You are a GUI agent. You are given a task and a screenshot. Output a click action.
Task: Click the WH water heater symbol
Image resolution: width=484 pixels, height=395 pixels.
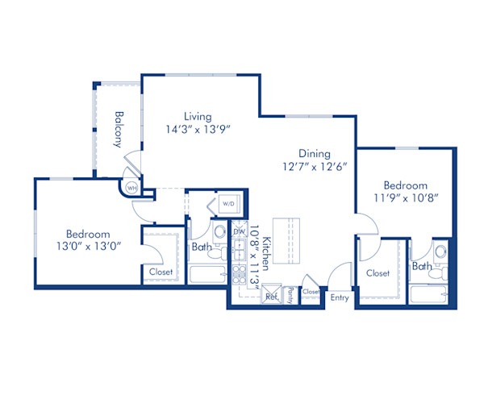(x=131, y=189)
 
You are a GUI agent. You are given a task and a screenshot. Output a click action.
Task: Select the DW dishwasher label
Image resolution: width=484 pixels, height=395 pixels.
(x=239, y=231)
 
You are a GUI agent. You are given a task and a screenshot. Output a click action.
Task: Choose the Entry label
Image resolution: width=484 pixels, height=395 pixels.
(x=340, y=297)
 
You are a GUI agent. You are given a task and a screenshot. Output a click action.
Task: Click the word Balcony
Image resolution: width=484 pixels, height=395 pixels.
(x=119, y=129)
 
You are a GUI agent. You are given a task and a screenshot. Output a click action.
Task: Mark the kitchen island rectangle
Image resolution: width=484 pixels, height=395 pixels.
(x=286, y=242)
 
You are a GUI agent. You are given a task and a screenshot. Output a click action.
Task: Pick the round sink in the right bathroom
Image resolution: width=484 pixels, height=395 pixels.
(x=440, y=252)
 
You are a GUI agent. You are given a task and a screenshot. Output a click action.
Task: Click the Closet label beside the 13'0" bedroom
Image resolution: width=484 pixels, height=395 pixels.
(x=161, y=272)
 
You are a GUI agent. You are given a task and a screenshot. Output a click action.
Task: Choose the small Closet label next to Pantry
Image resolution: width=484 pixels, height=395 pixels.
(x=311, y=291)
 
